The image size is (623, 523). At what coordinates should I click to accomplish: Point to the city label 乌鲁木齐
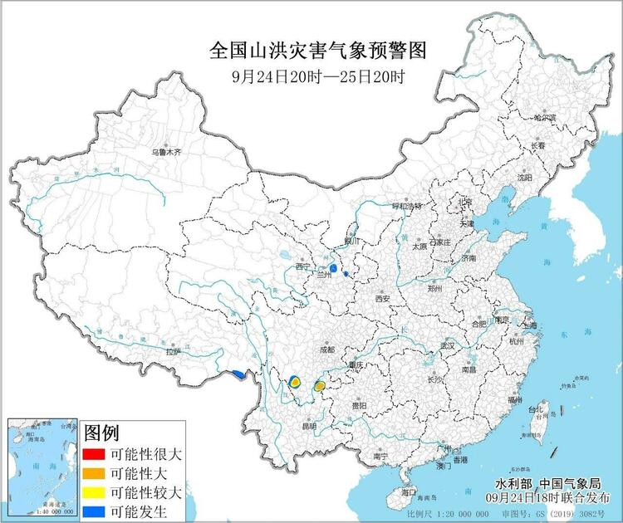pyautogui.click(x=165, y=153)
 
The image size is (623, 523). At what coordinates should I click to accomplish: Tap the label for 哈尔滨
pyautogui.click(x=544, y=119)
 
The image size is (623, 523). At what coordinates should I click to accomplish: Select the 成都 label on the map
pyautogui.click(x=326, y=350)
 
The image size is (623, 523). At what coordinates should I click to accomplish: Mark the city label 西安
pyautogui.click(x=382, y=298)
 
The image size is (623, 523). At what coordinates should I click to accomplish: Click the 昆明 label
pyautogui.click(x=309, y=426)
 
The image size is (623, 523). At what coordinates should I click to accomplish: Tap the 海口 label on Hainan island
pyautogui.click(x=407, y=492)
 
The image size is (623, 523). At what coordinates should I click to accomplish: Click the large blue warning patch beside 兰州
pyautogui.click(x=332, y=269)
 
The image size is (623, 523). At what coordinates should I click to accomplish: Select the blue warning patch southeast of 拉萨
pyautogui.click(x=239, y=374)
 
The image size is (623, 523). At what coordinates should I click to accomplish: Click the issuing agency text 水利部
pyautogui.click(x=513, y=484)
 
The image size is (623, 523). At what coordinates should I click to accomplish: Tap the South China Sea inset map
pyautogui.click(x=42, y=468)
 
